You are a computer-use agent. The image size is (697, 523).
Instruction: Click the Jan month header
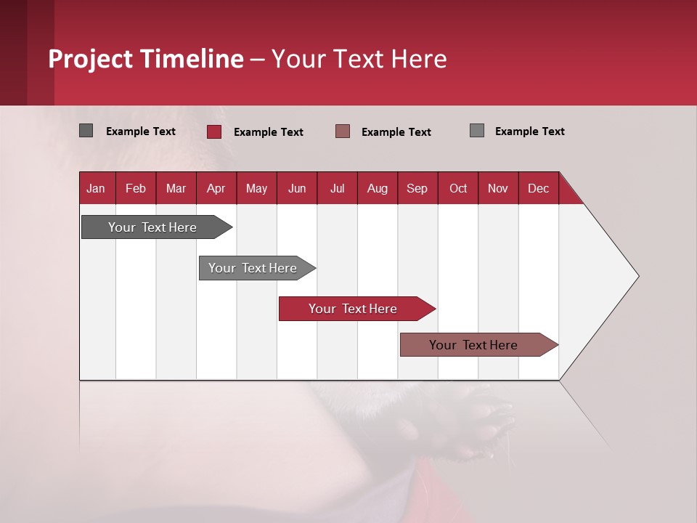(96, 188)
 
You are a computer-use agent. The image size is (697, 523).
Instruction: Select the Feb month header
(136, 188)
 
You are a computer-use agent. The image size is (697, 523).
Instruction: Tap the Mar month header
(176, 188)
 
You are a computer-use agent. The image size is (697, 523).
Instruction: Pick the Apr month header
(216, 188)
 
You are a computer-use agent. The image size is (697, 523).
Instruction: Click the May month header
(256, 188)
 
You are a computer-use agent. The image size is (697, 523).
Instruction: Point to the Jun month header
(297, 188)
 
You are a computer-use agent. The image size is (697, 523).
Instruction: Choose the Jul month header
(337, 188)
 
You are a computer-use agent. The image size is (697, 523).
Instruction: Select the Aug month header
(378, 188)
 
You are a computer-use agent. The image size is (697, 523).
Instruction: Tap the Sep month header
(417, 188)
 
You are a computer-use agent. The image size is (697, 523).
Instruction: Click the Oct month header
(458, 188)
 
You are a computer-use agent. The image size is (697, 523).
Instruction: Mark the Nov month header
(498, 188)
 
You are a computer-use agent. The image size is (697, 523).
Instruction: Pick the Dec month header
(538, 188)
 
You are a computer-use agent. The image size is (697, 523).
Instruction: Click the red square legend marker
(214, 131)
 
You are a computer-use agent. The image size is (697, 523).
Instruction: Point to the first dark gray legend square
(86, 131)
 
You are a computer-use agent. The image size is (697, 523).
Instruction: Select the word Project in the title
(90, 59)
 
